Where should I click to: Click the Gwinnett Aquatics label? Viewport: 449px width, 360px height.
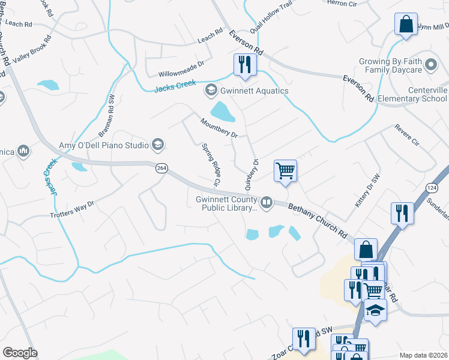click(x=255, y=91)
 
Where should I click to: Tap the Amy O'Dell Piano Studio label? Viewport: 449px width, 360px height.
click(x=104, y=145)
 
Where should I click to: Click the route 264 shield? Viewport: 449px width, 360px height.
click(x=161, y=169)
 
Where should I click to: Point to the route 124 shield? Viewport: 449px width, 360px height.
click(x=431, y=188)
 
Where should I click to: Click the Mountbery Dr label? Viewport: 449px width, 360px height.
click(x=219, y=127)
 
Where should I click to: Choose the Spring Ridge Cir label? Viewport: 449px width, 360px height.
click(x=212, y=164)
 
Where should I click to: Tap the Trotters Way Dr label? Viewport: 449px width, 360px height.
click(x=72, y=209)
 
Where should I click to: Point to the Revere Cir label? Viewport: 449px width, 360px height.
click(x=406, y=135)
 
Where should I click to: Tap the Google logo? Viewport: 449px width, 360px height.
click(x=19, y=353)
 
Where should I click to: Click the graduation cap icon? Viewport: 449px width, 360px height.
click(x=376, y=310)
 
